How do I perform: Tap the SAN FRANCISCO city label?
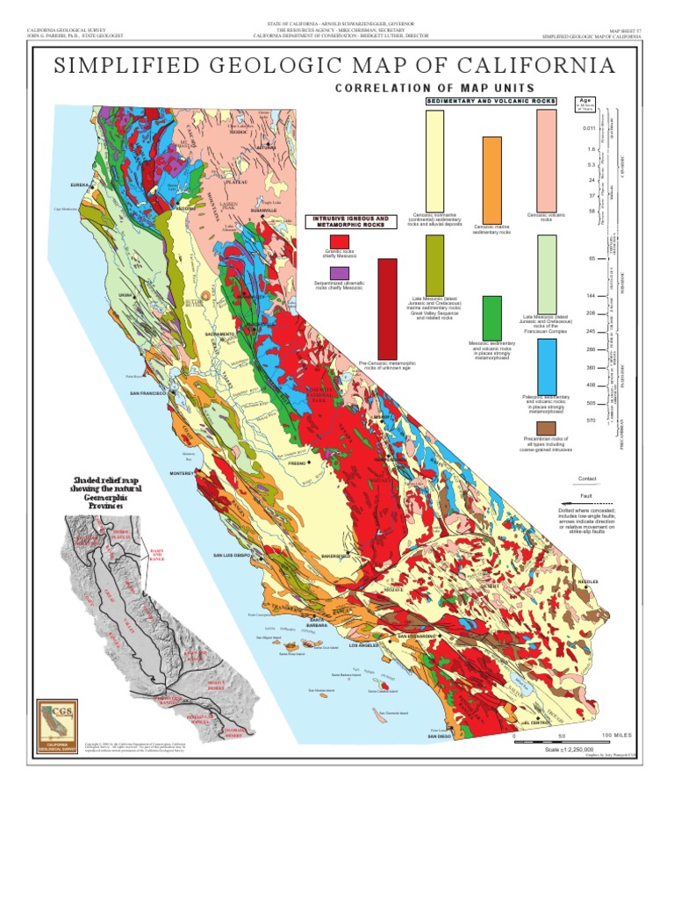click(149, 392)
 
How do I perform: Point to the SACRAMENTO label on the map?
click(219, 334)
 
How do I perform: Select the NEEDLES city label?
click(588, 581)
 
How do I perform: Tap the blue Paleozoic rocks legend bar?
click(547, 365)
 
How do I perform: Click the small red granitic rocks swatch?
click(339, 241)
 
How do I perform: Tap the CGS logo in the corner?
click(59, 725)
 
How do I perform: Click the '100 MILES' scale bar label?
click(617, 734)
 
